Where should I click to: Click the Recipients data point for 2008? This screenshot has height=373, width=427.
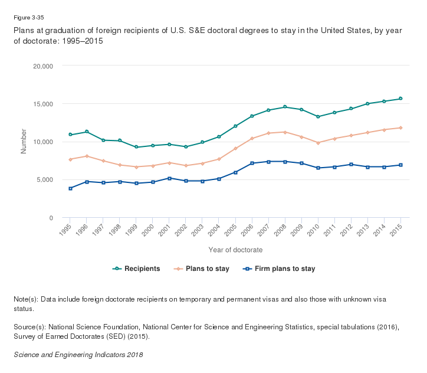285,107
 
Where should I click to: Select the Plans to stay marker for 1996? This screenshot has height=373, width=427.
87,156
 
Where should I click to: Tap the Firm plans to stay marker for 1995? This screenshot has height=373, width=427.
70,188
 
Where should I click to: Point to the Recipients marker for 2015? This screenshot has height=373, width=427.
400,99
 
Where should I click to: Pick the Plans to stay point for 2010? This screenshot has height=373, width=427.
318,143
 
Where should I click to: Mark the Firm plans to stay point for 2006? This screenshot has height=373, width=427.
252,163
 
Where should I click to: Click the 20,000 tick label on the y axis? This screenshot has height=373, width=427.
42,66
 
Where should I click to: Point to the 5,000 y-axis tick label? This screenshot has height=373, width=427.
44,179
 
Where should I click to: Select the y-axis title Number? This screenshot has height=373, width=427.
24,142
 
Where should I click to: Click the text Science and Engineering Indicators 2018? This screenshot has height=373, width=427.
78,355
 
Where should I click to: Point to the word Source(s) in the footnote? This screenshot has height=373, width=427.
28,326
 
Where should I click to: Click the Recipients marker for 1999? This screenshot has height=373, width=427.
136,147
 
